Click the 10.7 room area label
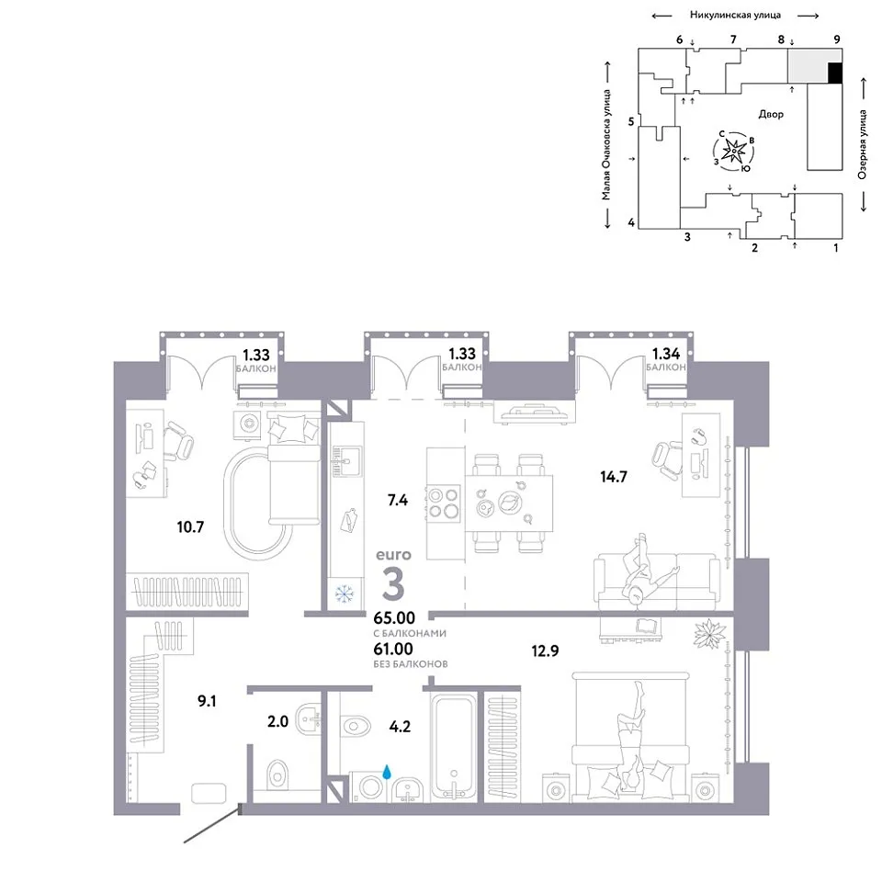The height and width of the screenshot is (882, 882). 190,527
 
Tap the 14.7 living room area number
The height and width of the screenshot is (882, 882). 613,477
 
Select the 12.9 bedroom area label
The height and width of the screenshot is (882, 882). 545,650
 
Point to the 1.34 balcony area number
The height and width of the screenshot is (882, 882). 666,354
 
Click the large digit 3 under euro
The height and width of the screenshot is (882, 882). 393,584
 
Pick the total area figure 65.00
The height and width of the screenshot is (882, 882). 394,617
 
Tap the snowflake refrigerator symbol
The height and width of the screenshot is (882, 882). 343,594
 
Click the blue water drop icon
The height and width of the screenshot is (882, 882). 387,771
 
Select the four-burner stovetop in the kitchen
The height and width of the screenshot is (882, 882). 444,503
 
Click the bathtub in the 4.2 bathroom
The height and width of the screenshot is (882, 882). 453,748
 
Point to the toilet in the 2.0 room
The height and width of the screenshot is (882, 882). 277,774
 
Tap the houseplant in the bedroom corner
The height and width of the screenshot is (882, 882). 710,634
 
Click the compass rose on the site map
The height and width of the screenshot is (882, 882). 733,152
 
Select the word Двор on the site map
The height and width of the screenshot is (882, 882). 771,114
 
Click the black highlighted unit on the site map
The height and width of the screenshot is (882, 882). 835,73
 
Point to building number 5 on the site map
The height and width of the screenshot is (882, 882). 631,121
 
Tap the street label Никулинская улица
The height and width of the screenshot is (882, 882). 735,16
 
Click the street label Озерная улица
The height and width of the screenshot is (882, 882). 862,144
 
